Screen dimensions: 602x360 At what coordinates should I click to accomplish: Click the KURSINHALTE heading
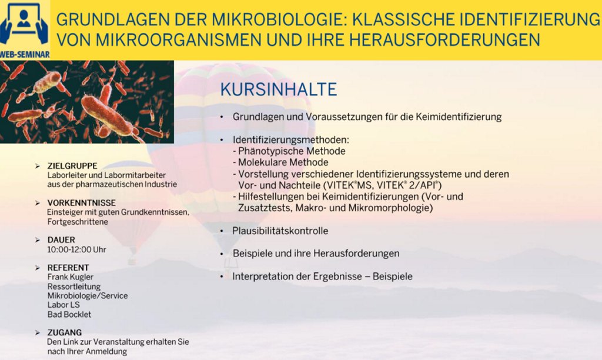click(x=278, y=89)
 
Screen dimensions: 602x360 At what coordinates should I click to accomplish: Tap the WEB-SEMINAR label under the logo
click(x=25, y=55)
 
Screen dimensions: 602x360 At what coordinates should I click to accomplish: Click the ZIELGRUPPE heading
click(x=72, y=166)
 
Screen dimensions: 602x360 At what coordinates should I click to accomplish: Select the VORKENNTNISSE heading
click(x=81, y=203)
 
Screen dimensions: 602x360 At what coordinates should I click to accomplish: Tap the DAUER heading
click(x=61, y=240)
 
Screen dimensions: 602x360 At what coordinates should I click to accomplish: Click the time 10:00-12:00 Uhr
click(x=76, y=250)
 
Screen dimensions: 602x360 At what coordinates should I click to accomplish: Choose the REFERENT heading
click(x=68, y=268)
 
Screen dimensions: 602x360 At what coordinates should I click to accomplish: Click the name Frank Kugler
click(x=71, y=277)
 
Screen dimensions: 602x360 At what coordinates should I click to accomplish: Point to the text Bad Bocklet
click(x=69, y=314)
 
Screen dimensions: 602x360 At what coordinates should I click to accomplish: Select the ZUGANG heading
click(x=65, y=332)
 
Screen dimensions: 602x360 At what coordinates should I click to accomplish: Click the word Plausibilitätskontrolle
click(x=280, y=231)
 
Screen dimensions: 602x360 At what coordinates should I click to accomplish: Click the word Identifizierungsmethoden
click(x=290, y=140)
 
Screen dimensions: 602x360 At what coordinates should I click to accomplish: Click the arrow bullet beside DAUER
click(x=38, y=240)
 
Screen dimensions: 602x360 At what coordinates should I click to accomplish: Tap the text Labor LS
click(x=63, y=305)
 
